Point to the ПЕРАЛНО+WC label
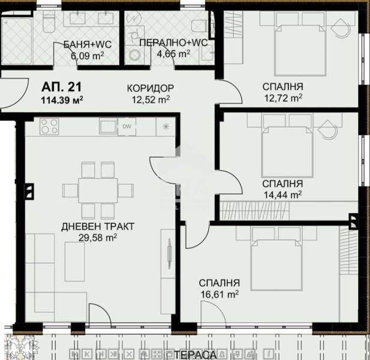coord(165,43)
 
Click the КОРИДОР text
coord(150,88)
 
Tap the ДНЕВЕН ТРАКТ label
coord(97,226)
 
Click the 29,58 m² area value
coord(97,238)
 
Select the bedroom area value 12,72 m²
coord(282,97)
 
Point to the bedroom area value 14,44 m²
coord(282,194)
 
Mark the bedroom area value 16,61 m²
coord(219,294)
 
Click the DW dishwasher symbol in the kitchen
coord(126,127)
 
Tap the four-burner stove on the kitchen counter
coord(49,127)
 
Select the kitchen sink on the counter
coord(108,127)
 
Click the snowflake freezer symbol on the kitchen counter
coord(166,127)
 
